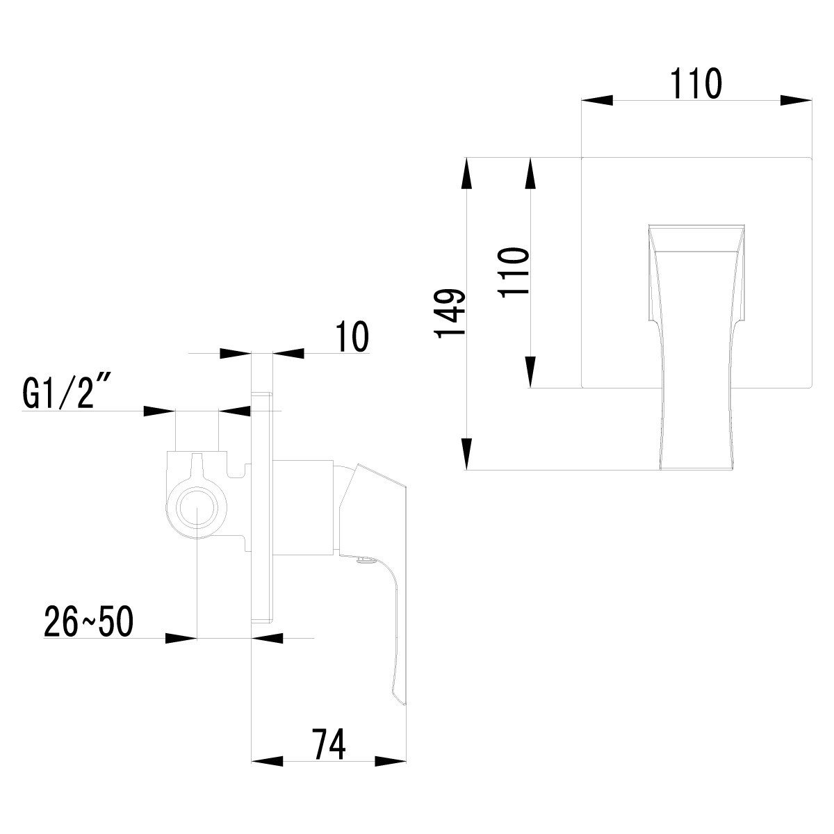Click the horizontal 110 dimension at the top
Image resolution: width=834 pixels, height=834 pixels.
(x=696, y=83)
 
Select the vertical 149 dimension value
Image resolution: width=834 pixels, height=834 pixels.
(x=451, y=313)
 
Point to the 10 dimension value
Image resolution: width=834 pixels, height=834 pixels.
(x=353, y=336)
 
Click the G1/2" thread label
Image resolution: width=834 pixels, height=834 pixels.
(x=66, y=393)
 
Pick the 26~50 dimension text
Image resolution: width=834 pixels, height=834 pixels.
(x=89, y=621)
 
